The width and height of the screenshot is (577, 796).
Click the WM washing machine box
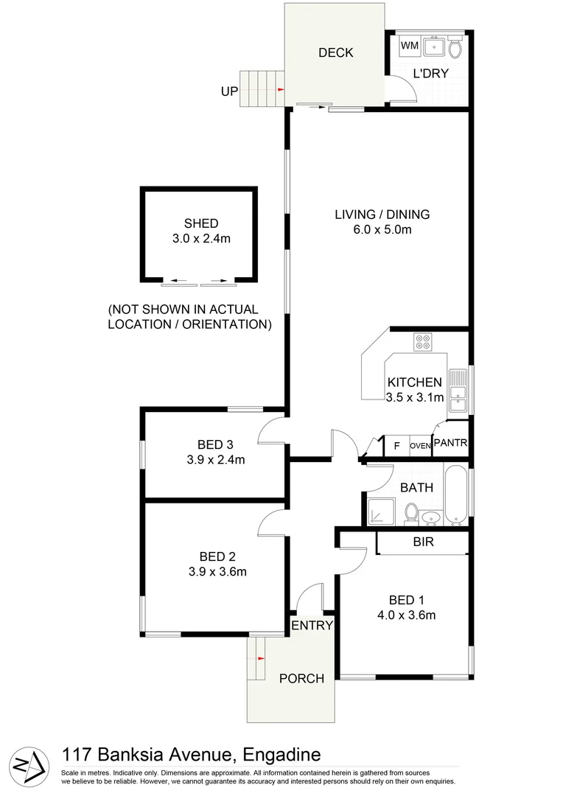pyautogui.click(x=410, y=46)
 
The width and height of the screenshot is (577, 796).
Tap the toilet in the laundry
pyautogui.click(x=455, y=49)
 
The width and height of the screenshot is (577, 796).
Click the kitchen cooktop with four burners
pyautogui.click(x=423, y=342)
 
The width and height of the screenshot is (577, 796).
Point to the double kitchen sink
pyautogui.click(x=458, y=390)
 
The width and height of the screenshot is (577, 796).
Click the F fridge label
pyautogui.click(x=396, y=444)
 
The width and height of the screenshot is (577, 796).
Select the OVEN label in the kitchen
pyautogui.click(x=420, y=445)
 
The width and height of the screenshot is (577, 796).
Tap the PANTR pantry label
pyautogui.click(x=450, y=443)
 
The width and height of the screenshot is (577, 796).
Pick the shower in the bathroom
pyautogui.click(x=382, y=509)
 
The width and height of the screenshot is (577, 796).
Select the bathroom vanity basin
pyautogui.click(x=433, y=516)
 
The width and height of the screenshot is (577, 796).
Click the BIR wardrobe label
pyautogui.click(x=424, y=542)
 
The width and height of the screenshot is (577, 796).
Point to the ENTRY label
pyautogui.click(x=312, y=625)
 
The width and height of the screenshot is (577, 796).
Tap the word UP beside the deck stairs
pyautogui.click(x=229, y=91)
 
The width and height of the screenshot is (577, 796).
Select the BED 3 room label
pyautogui.click(x=215, y=444)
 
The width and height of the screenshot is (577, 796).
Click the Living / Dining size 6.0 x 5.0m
pyautogui.click(x=382, y=229)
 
